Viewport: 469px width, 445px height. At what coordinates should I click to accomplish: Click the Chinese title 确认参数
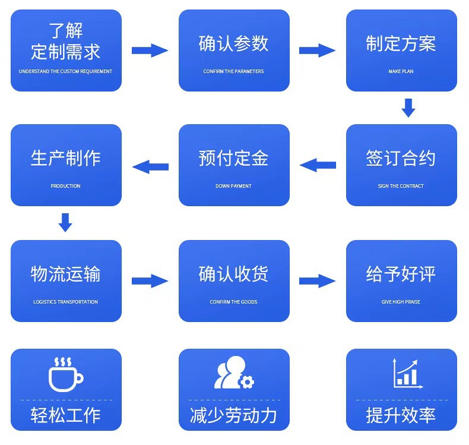[234, 43]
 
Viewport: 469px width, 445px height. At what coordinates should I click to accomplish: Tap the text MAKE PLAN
[401, 71]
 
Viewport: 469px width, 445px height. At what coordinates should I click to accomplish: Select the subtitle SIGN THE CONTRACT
[401, 186]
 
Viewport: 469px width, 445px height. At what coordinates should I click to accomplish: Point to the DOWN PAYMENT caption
[234, 186]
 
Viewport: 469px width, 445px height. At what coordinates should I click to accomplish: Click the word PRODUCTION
[65, 186]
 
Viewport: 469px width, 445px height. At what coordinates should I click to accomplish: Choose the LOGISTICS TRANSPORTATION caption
[65, 302]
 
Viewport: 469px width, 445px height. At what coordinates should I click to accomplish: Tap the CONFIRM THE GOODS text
[234, 302]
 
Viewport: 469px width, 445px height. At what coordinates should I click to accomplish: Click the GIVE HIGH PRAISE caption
[401, 302]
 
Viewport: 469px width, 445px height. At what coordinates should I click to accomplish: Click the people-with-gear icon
[234, 373]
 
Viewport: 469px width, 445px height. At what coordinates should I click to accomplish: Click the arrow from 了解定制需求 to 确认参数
[150, 51]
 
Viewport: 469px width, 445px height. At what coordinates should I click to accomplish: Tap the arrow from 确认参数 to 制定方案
[318, 51]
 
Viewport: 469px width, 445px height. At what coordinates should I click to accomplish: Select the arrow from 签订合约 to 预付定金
[318, 165]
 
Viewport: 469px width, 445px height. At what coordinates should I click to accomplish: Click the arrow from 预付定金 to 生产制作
[150, 166]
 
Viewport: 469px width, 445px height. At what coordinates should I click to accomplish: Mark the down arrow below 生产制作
[66, 223]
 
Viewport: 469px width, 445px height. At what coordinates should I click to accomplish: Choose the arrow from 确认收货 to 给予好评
[318, 281]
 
